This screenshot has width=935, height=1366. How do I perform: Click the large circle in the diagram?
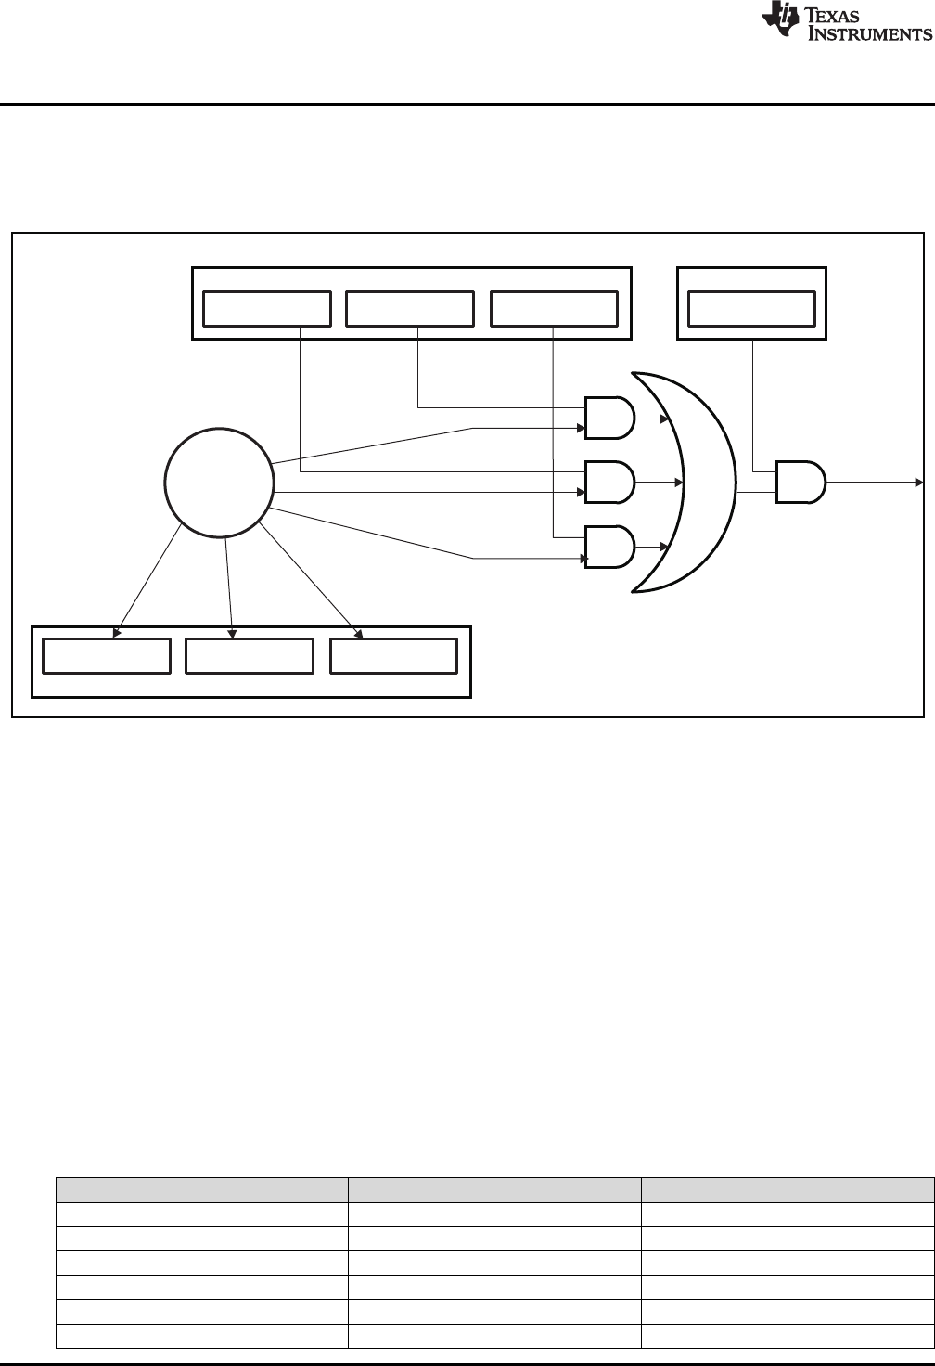pyautogui.click(x=219, y=483)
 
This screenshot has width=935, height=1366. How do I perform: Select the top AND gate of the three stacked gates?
pyautogui.click(x=609, y=418)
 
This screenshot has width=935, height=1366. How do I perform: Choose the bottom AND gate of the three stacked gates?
pyautogui.click(x=609, y=548)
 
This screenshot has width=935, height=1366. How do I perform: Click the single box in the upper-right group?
pyautogui.click(x=752, y=308)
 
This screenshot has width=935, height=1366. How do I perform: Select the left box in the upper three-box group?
pyautogui.click(x=267, y=308)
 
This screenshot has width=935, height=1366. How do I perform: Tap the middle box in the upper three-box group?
pyautogui.click(x=410, y=308)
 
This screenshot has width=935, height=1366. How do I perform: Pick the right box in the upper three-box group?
pyautogui.click(x=554, y=308)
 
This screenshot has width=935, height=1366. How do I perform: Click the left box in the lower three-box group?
pyautogui.click(x=108, y=656)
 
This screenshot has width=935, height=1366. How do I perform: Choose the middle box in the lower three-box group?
pyautogui.click(x=250, y=656)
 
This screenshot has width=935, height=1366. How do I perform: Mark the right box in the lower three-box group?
pyautogui.click(x=394, y=656)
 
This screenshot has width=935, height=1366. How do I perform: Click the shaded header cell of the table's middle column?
pyautogui.click(x=494, y=1190)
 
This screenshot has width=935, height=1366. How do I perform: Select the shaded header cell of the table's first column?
pyautogui.click(x=201, y=1190)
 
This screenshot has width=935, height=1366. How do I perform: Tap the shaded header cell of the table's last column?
pyautogui.click(x=788, y=1190)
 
